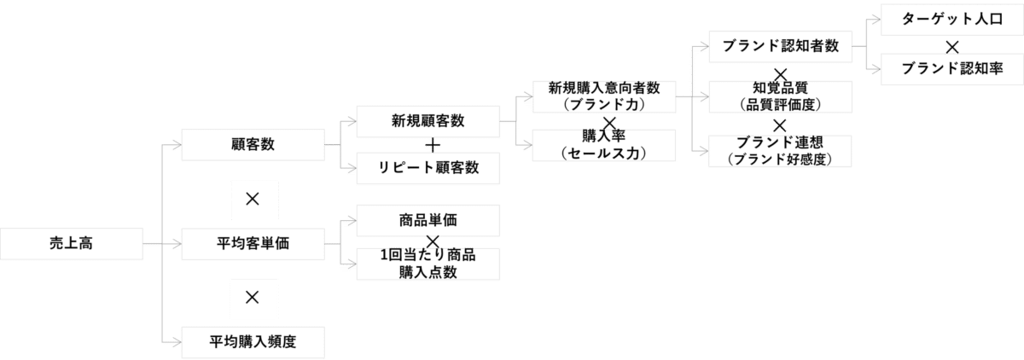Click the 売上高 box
pyautogui.click(x=71, y=244)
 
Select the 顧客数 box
pyautogui.click(x=253, y=145)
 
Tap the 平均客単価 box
pyautogui.click(x=253, y=244)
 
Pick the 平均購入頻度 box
pyautogui.click(x=253, y=343)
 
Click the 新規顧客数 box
pyautogui.click(x=428, y=120)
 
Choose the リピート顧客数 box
pyautogui.click(x=428, y=168)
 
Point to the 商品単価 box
pyautogui.click(x=428, y=220)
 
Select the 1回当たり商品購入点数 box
pyautogui.click(x=428, y=264)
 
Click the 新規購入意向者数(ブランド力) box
pyautogui.click(x=602, y=95)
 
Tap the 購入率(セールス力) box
pyautogui.click(x=602, y=145)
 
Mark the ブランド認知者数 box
pyautogui.click(x=781, y=46)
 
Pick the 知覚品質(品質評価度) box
pyautogui.click(x=781, y=96)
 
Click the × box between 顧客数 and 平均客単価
pyautogui.click(x=253, y=198)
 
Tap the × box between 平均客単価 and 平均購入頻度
pyautogui.click(x=253, y=297)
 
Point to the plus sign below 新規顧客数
pyautogui.click(x=433, y=145)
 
